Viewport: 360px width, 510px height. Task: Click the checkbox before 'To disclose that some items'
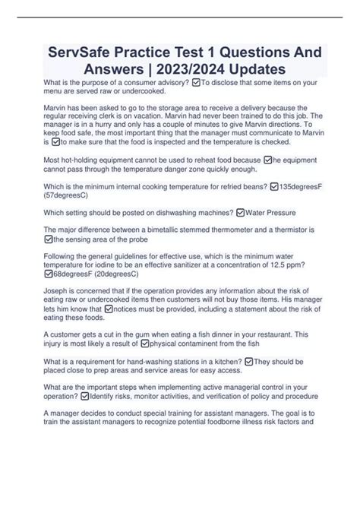pos(197,82)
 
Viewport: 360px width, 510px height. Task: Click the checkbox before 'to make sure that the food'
pos(54,141)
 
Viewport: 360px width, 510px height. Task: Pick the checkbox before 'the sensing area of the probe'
pos(49,239)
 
